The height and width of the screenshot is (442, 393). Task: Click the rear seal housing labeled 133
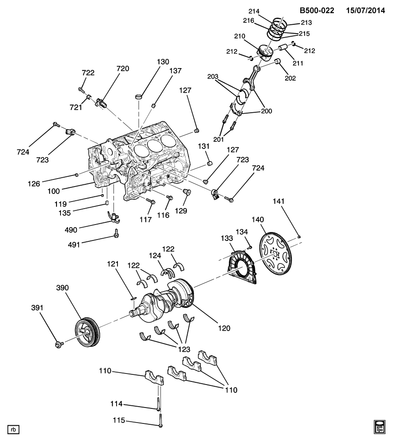pyautogui.click(x=242, y=268)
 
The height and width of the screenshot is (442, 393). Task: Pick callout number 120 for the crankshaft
pyautogui.click(x=224, y=328)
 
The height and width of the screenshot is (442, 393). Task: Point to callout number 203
pyautogui.click(x=213, y=76)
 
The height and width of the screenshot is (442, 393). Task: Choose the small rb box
pyautogui.click(x=14, y=429)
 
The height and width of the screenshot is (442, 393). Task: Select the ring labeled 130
pyautogui.click(x=139, y=96)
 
